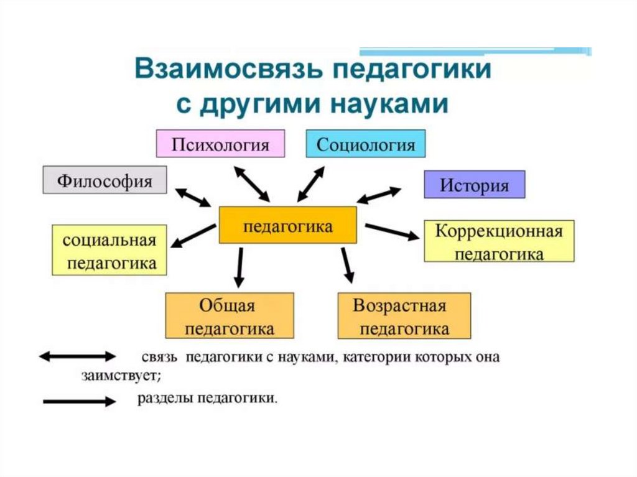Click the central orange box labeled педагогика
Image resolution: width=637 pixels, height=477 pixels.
(x=287, y=225)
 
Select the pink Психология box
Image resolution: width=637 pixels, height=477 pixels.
(x=220, y=144)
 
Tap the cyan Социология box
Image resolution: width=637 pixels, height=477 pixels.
(x=366, y=144)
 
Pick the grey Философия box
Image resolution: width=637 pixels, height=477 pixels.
(x=105, y=180)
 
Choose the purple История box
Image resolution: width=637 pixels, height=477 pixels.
(x=474, y=184)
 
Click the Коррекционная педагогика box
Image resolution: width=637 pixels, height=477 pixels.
(x=499, y=241)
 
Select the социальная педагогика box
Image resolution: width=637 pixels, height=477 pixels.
(x=109, y=250)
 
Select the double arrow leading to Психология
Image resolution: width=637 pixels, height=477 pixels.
(x=252, y=183)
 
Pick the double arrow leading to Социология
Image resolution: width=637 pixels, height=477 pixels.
(x=311, y=183)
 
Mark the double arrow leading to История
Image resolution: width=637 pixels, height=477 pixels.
(x=379, y=195)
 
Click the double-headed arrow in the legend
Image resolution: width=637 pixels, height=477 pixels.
(x=77, y=356)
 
